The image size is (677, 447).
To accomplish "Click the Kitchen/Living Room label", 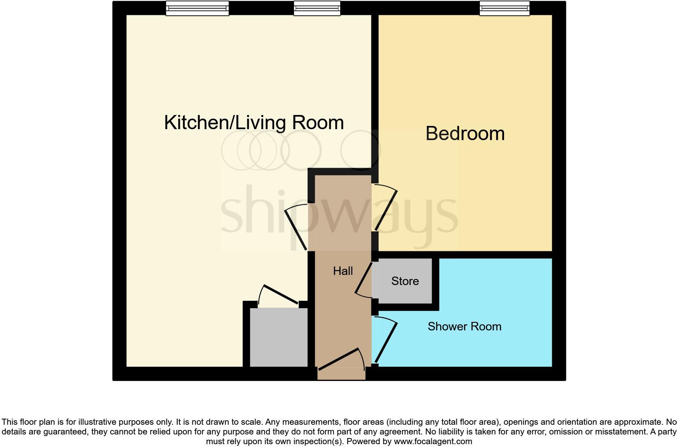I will pyautogui.click(x=254, y=122).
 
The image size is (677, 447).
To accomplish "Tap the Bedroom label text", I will pyautogui.click(x=465, y=134).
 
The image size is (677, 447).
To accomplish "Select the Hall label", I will pyautogui.click(x=343, y=271).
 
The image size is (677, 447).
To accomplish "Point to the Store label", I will pyautogui.click(x=405, y=281).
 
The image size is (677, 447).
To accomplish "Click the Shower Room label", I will pyautogui.click(x=464, y=326).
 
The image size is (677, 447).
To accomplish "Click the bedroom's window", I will pyautogui.click(x=505, y=8).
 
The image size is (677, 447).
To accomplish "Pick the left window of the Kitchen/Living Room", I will pyautogui.click(x=197, y=8).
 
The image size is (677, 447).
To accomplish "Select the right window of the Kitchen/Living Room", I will pyautogui.click(x=317, y=8).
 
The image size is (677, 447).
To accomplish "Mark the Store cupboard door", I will pyautogui.click(x=364, y=279).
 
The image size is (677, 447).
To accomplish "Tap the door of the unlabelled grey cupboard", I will pyautogui.click(x=281, y=295).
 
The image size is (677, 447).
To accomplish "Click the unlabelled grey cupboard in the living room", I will pyautogui.click(x=279, y=337).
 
